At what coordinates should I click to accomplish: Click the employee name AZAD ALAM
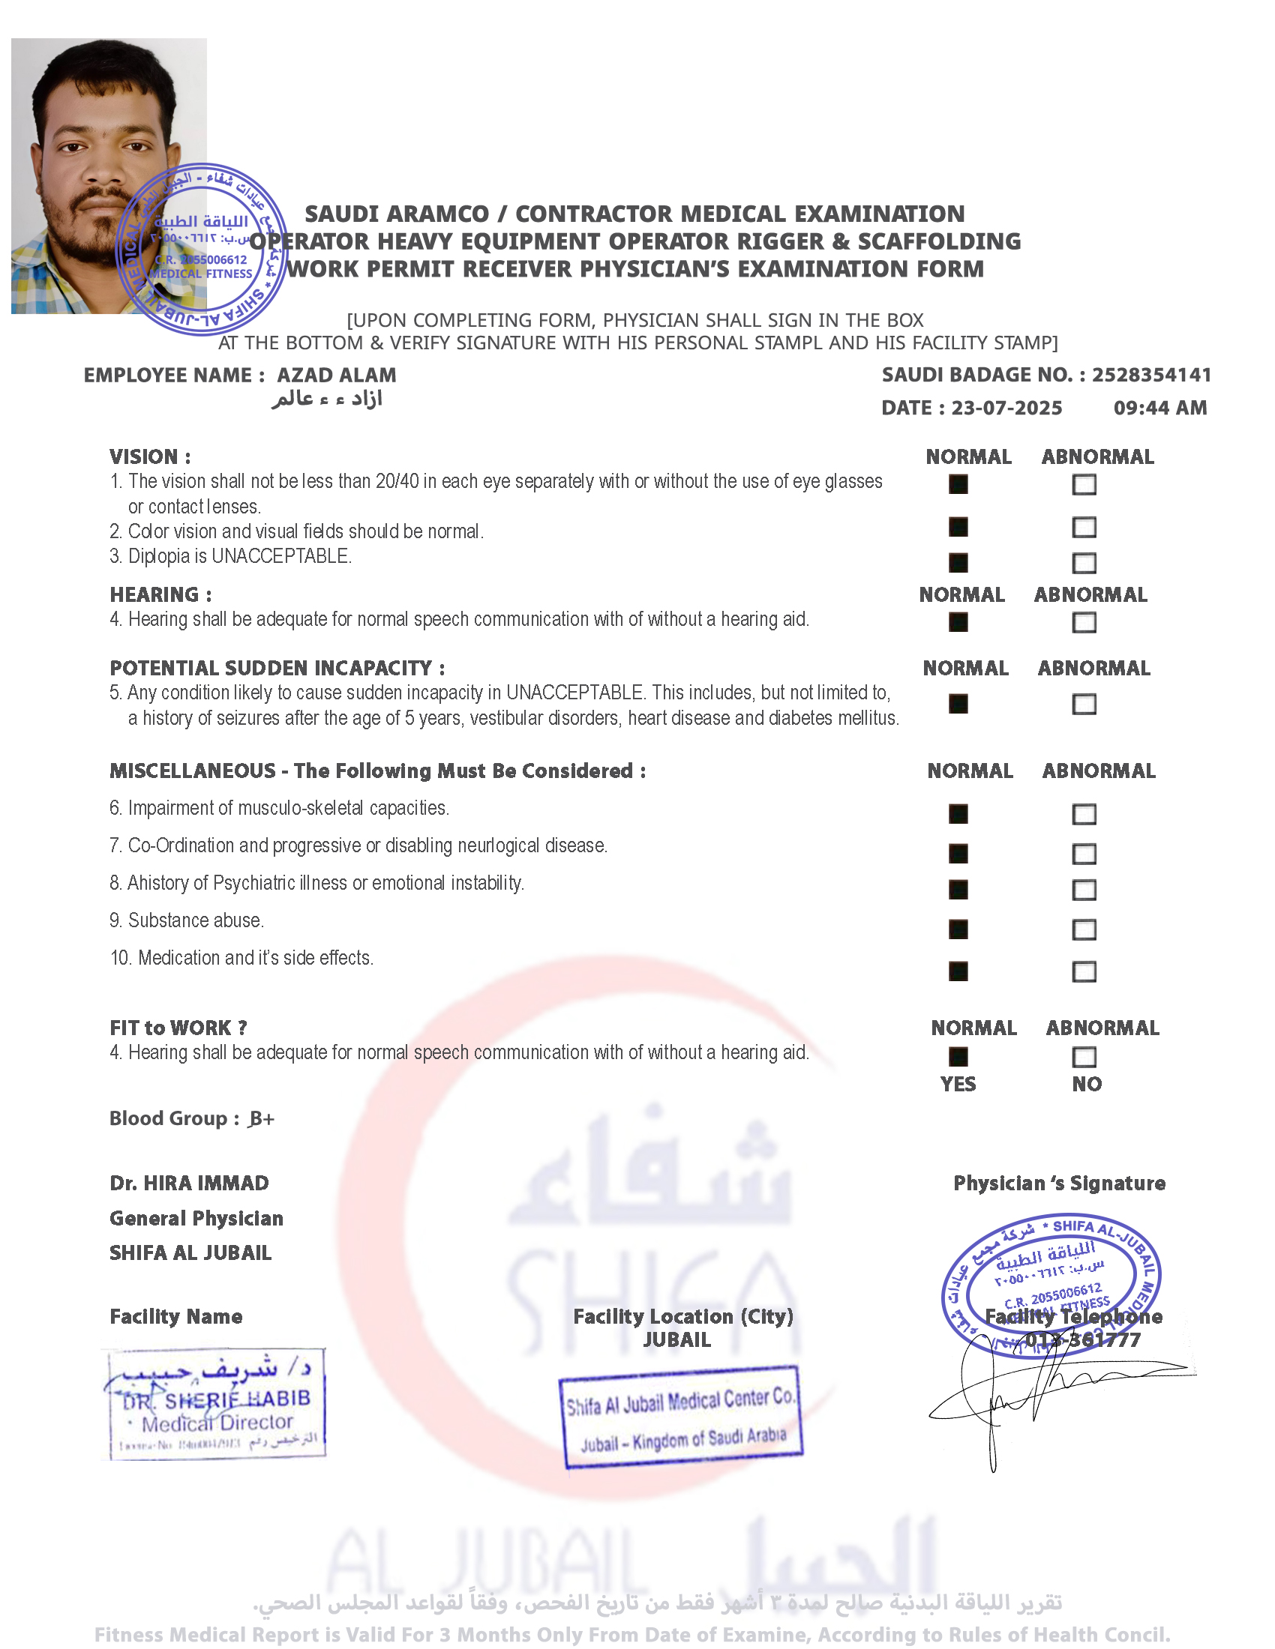[x=336, y=376]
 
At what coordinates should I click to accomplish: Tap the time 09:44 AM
[x=1159, y=408]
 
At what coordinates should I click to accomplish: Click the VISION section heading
[x=149, y=456]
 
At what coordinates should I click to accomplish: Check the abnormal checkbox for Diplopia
[x=1084, y=562]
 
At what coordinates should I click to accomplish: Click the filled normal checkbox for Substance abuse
[x=958, y=929]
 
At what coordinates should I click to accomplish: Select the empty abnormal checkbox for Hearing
[x=1084, y=622]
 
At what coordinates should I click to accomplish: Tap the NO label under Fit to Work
[x=1086, y=1085]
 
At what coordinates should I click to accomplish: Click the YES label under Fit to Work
[x=958, y=1085]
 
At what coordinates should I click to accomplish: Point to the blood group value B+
[x=261, y=1118]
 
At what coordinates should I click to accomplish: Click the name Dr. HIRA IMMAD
[x=189, y=1183]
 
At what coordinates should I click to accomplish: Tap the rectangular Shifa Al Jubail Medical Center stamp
[x=680, y=1417]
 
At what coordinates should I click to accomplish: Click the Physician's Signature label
[x=1059, y=1183]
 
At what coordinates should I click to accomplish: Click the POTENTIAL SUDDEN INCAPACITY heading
[x=277, y=668]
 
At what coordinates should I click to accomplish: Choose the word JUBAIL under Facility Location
[x=676, y=1340]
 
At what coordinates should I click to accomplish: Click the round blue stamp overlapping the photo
[x=202, y=249]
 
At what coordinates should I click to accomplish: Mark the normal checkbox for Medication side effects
[x=958, y=971]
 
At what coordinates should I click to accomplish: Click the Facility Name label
[x=176, y=1317]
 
